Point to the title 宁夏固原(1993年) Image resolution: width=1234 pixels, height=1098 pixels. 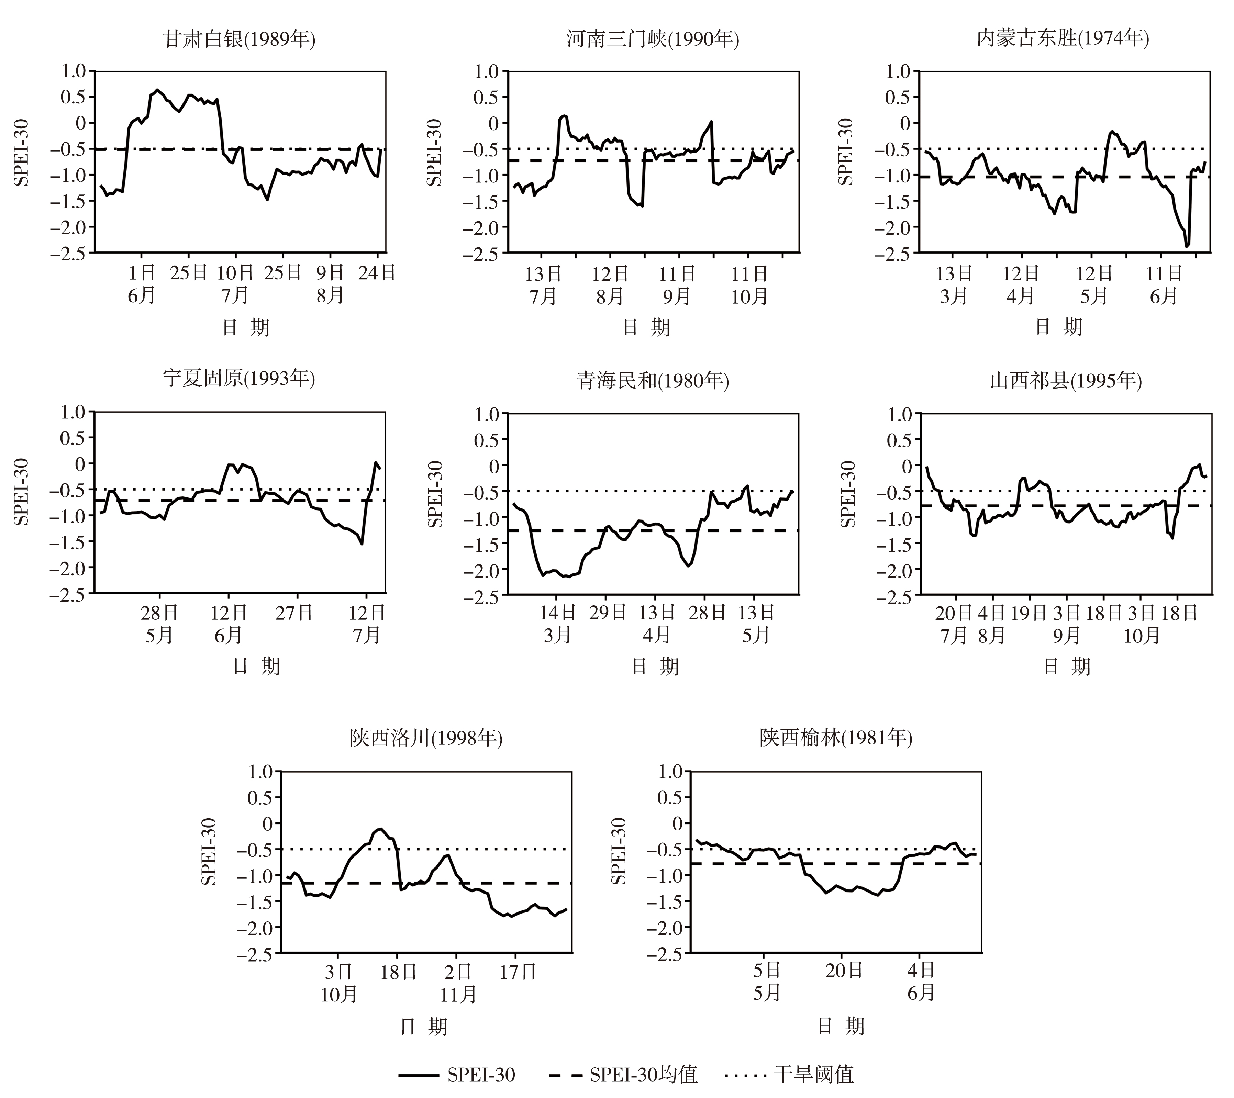tap(239, 379)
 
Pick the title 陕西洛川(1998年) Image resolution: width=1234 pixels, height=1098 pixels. tap(426, 738)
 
